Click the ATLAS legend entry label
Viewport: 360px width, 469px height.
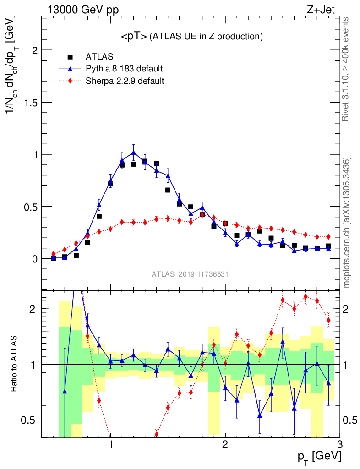point(99,57)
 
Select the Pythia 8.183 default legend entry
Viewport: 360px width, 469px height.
point(124,69)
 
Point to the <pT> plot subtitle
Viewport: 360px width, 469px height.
point(191,37)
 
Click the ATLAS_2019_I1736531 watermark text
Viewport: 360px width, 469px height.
point(190,274)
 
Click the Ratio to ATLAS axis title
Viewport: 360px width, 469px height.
point(14,364)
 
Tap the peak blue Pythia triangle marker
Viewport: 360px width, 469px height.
point(133,152)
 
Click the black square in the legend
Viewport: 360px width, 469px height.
point(70,57)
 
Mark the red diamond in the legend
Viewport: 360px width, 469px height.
point(70,82)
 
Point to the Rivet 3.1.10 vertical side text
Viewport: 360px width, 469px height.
point(347,69)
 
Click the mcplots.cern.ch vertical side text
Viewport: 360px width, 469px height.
point(347,222)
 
